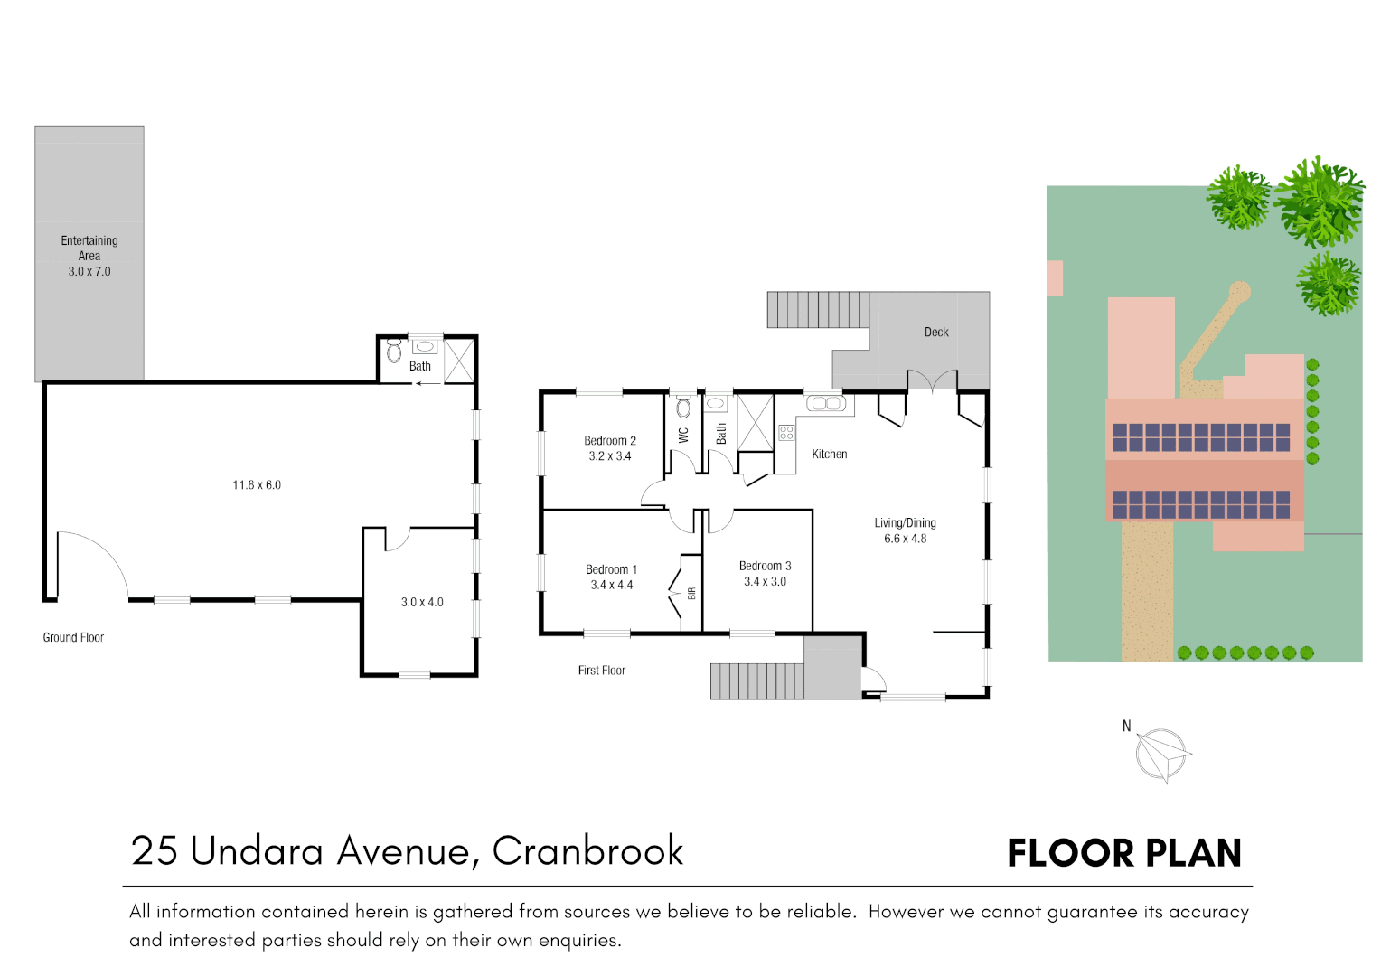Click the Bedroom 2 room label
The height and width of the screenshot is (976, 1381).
(x=610, y=441)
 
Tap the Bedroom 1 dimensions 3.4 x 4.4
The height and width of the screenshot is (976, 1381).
(x=612, y=586)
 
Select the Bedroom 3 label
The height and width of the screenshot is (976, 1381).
(x=765, y=567)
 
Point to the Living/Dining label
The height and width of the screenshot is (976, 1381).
(x=905, y=523)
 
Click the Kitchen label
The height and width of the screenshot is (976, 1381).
(x=829, y=455)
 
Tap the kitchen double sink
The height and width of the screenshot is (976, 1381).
(x=825, y=404)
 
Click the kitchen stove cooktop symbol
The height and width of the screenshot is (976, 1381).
(x=786, y=432)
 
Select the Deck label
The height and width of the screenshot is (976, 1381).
(x=936, y=333)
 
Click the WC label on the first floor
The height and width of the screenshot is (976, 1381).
(x=684, y=435)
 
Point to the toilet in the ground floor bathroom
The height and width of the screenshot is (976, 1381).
(x=394, y=351)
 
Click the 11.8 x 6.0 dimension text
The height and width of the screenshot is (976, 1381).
(x=257, y=485)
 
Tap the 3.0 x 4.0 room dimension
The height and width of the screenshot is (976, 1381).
(x=422, y=603)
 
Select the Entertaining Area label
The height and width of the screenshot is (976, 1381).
(x=89, y=249)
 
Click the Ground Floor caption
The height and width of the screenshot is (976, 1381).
(x=73, y=638)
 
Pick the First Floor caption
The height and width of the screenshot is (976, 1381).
(x=601, y=671)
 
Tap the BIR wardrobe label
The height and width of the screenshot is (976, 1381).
(x=691, y=594)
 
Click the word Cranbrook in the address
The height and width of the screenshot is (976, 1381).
(x=587, y=851)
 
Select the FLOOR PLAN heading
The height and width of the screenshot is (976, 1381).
(x=1124, y=854)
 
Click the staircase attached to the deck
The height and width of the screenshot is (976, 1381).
(x=818, y=310)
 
